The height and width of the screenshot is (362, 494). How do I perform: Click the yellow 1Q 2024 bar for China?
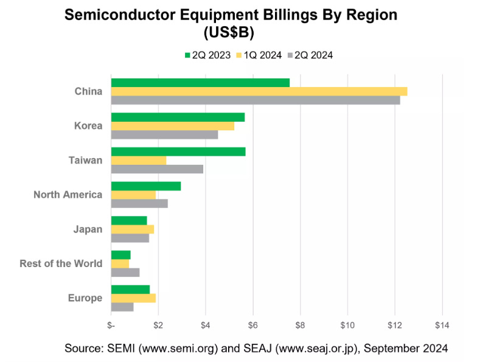259,91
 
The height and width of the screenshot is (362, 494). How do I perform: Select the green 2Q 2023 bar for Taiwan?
178,151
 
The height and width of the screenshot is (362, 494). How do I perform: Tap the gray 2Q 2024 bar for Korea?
164,134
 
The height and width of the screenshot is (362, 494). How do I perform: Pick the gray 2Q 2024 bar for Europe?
122,307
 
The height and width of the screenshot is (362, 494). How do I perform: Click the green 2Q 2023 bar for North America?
145,186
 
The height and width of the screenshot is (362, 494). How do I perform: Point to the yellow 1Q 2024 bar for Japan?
132,229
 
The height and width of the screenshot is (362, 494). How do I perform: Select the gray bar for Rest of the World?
125,273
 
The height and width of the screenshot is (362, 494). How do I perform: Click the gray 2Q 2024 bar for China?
255,100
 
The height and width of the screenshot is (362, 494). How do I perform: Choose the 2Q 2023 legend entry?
207,55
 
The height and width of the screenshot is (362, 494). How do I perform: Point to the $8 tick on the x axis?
300,325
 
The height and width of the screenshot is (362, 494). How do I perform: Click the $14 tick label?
442,325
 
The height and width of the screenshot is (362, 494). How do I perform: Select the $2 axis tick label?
158,325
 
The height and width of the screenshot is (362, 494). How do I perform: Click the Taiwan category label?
85,160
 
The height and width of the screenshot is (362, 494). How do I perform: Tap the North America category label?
68,195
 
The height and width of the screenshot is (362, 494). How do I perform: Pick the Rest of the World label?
61,263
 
